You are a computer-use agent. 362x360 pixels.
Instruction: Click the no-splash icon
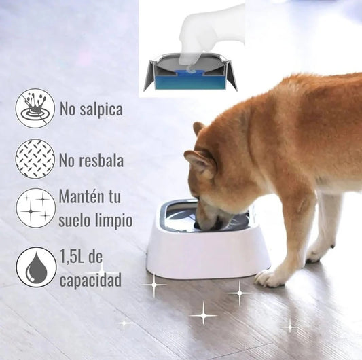(35, 108)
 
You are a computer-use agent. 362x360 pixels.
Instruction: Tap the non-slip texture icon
(35, 159)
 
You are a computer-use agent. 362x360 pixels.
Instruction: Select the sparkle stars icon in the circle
(36, 208)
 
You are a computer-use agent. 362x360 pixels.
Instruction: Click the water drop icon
(36, 267)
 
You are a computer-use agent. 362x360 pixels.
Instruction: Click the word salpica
(101, 109)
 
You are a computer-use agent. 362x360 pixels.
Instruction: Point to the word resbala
(102, 160)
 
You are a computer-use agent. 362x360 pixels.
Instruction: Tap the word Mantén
(80, 196)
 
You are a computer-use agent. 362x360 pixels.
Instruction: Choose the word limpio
(113, 221)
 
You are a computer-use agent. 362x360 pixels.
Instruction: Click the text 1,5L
(71, 256)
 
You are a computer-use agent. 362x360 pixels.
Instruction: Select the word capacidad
(90, 280)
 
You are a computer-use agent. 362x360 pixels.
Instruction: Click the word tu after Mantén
(113, 197)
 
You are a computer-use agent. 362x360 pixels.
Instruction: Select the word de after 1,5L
(95, 256)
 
